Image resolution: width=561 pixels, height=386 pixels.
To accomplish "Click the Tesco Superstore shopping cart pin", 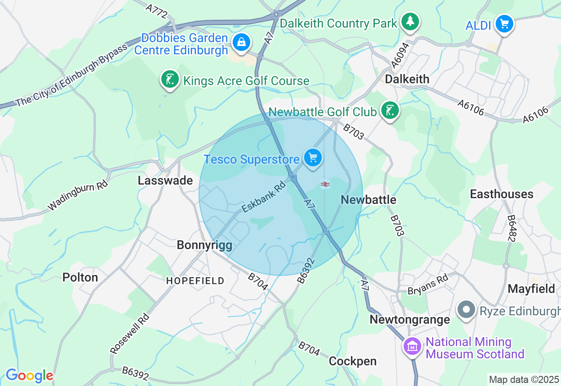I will pos(312,158).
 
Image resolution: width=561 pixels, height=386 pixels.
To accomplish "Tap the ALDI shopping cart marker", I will pos(504,24).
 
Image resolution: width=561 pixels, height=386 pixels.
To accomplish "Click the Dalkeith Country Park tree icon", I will pos(410,21).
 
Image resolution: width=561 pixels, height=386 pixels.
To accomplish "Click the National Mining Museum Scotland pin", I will pos(412,347).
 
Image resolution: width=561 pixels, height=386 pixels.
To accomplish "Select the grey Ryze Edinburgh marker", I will pos(466,310).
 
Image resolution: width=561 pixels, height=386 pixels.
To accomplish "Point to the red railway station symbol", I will pos(325,185).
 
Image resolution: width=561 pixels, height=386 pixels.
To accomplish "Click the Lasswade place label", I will pos(165,181).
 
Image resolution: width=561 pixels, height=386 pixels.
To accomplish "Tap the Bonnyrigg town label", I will pos(204,245).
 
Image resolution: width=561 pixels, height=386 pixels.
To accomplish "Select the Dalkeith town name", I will pos(407,79).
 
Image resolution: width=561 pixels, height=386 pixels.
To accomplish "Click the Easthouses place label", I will pos(501,194).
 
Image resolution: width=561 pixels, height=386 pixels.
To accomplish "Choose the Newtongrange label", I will pos(410,319).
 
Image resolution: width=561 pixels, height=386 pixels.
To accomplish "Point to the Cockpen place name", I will pos(353,361).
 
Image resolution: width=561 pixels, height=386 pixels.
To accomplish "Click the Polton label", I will pos(80,277).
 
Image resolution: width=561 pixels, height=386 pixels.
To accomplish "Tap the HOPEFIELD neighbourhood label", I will pos(195,281).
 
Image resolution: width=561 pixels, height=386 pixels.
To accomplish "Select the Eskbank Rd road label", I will pos(263,198).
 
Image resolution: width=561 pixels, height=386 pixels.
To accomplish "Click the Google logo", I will pos(29,375).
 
